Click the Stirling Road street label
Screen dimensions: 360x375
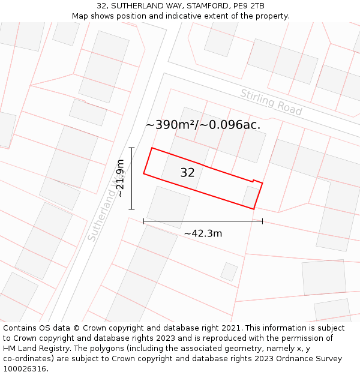[x=271, y=102]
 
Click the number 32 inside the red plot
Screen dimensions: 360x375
[x=187, y=173]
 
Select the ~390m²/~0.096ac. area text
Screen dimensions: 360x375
[x=203, y=125]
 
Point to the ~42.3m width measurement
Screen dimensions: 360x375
[x=203, y=233]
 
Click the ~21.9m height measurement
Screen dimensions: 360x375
[x=121, y=178]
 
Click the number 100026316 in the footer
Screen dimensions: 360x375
[x=25, y=368]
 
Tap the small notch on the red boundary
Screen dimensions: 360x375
[x=257, y=181]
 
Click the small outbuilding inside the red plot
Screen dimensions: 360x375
[x=251, y=196]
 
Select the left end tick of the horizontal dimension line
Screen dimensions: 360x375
[x=143, y=221]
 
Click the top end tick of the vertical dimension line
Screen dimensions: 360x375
[x=131, y=148]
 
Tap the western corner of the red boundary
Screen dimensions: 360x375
[x=143, y=174]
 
